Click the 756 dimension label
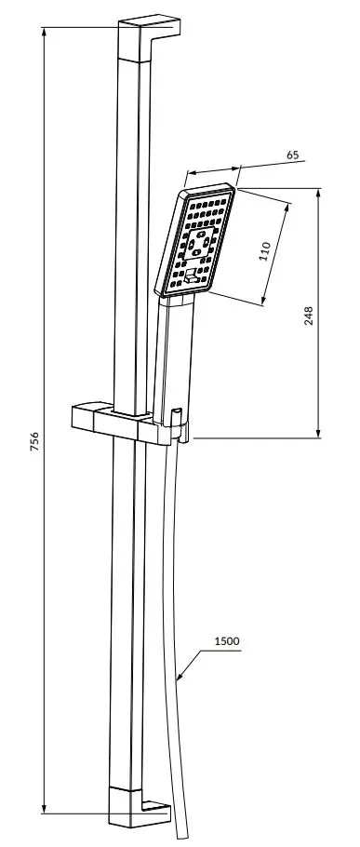pos(34,441)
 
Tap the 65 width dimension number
pos(292,155)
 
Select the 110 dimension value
pos(264,251)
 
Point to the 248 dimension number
pos(309,316)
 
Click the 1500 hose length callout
pos(227,641)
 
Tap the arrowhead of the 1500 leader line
pos(180,676)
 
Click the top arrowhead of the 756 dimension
pos(45,32)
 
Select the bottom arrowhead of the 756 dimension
pos(45,808)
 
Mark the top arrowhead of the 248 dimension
pos(318,194)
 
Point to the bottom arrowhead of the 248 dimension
pos(318,432)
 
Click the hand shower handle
pos(174,359)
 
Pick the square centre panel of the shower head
pos(198,244)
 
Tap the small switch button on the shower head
pos(192,276)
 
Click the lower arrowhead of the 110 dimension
pos(264,300)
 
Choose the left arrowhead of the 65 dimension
pos(191,173)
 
